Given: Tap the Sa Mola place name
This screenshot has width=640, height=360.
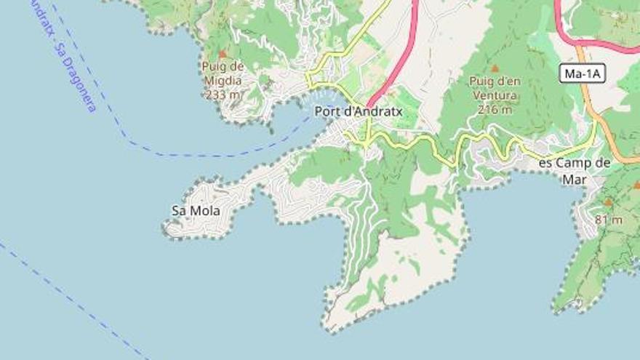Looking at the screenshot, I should tap(196, 211).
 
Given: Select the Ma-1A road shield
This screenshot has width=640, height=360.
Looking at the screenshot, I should tap(583, 73).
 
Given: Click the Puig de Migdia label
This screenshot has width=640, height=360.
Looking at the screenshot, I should tap(223, 73).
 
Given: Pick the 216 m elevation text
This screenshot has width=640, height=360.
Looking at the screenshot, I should tap(496, 110).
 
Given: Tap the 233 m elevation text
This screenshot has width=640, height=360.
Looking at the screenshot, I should tap(223, 95).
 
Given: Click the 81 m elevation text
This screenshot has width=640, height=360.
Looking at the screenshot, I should tap(608, 220).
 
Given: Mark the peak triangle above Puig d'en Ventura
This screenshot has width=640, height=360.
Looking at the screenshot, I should tap(495, 68).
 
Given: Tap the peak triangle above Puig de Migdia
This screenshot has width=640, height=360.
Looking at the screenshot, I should tap(223, 54).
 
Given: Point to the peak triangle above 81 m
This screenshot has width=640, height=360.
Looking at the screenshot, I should tap(608, 203).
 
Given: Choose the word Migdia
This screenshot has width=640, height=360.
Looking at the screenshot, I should tap(223, 81).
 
